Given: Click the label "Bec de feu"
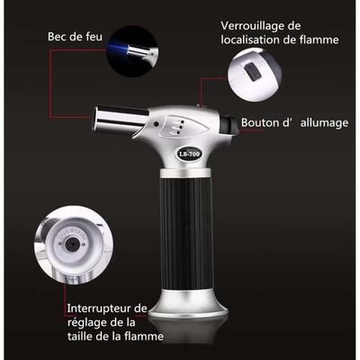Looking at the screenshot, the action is pyautogui.click(x=75, y=37).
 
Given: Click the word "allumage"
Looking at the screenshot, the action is pyautogui.click(x=325, y=123).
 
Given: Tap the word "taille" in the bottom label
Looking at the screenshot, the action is pyautogui.click(x=80, y=336).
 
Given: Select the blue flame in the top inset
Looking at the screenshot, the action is pyautogui.click(x=118, y=49).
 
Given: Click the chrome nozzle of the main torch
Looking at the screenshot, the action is pyautogui.click(x=120, y=120).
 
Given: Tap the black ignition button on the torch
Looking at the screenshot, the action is pyautogui.click(x=230, y=125).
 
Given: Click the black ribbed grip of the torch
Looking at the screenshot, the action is pyautogui.click(x=186, y=233).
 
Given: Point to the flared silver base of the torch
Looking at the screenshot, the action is pyautogui.click(x=188, y=303).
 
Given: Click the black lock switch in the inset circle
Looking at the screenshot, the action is pyautogui.click(x=252, y=72).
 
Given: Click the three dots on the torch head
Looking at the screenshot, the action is pyautogui.click(x=181, y=127).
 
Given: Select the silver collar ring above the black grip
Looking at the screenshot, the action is pyautogui.click(x=185, y=173).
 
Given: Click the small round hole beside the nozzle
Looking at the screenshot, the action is pyautogui.click(x=156, y=124).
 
